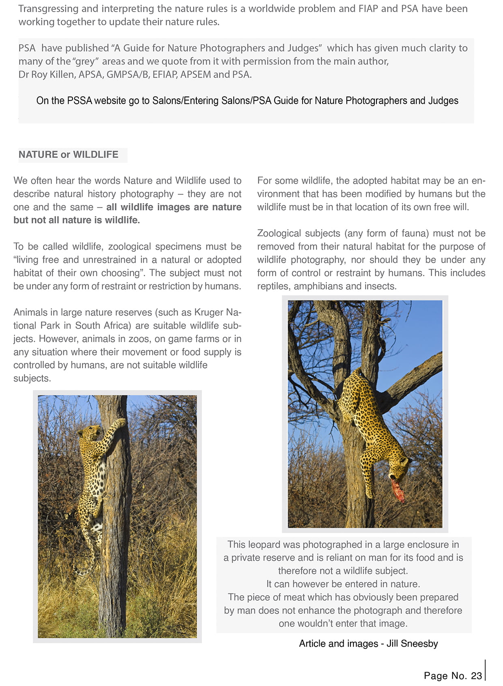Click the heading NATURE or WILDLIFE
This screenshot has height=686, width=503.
click(68, 154)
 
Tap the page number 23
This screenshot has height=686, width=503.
click(476, 675)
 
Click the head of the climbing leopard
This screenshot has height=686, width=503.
click(89, 433)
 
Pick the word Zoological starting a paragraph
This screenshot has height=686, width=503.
click(278, 233)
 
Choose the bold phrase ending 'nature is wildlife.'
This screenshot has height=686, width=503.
click(77, 220)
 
